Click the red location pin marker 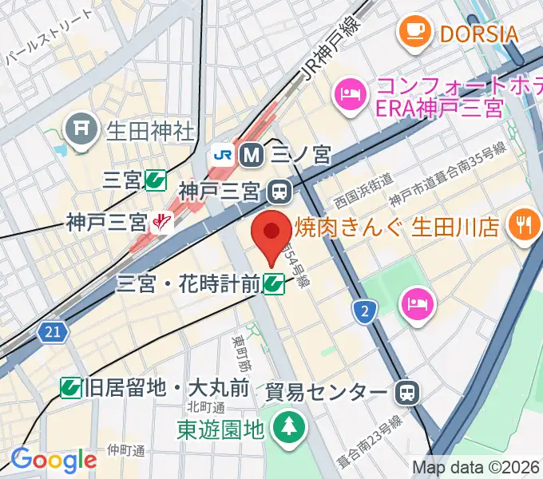[271, 234]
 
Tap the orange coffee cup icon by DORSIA [414, 32]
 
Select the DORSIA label [478, 34]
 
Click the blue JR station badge [222, 155]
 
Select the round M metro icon [252, 155]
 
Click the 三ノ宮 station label [300, 155]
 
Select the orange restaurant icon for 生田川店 [524, 227]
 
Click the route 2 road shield [364, 311]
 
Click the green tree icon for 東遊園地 [287, 428]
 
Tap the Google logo [54, 459]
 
